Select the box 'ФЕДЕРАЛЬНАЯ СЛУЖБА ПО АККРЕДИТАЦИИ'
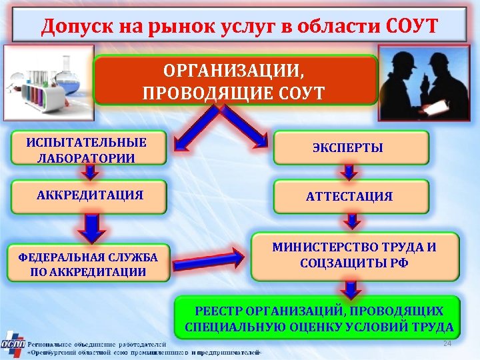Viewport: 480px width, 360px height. point(87,263)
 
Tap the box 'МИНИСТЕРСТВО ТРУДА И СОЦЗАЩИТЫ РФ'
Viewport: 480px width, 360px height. point(355,255)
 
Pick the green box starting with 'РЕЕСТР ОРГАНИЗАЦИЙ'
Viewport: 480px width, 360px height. point(318,319)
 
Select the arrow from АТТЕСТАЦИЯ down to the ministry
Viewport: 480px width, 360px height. point(354,221)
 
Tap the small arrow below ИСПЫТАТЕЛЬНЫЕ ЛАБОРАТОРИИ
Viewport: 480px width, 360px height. point(87,173)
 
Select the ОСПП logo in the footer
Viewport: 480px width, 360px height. point(13,345)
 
